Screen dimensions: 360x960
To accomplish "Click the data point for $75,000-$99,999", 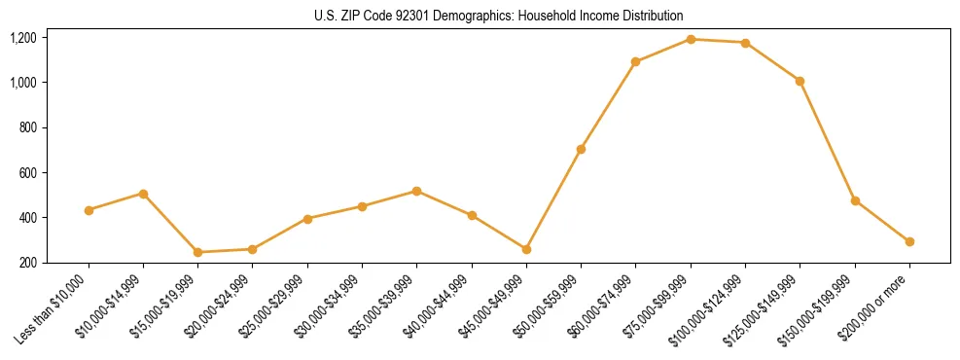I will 691,39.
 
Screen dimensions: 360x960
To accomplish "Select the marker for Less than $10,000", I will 89,210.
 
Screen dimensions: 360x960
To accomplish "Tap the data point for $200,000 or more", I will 909,241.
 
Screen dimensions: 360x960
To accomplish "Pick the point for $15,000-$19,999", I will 198,252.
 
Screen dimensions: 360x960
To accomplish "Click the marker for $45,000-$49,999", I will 526,249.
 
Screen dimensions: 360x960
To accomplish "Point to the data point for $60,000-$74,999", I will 635,61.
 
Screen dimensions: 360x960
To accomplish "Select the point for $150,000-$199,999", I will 855,200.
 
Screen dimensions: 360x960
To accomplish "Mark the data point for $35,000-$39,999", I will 416,191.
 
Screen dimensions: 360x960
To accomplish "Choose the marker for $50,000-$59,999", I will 581,149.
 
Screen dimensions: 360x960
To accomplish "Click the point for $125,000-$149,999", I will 800,81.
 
